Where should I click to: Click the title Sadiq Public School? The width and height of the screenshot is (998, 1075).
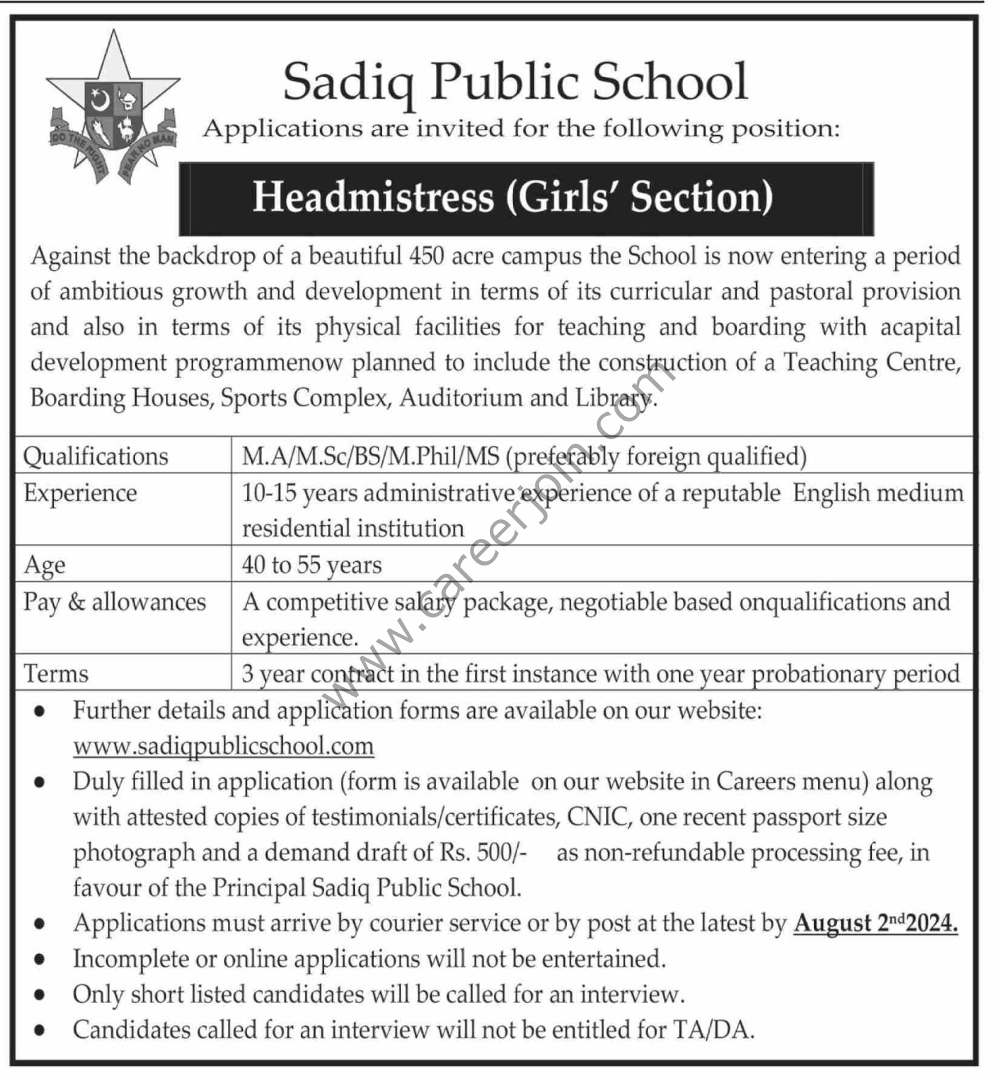click(x=515, y=83)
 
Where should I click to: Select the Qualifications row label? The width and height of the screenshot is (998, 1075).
click(x=96, y=456)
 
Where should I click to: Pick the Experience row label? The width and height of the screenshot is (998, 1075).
click(x=80, y=493)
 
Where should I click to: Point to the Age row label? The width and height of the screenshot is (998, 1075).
click(x=44, y=565)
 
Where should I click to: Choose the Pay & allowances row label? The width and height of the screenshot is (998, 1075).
click(x=115, y=602)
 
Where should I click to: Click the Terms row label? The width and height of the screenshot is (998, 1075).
click(x=56, y=674)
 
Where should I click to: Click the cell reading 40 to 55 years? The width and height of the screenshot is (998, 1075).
click(x=311, y=565)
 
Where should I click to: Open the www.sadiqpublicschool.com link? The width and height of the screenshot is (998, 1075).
click(x=223, y=746)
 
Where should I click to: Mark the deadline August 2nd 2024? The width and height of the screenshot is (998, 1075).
click(x=876, y=924)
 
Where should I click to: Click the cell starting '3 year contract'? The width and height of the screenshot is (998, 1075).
click(x=600, y=674)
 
